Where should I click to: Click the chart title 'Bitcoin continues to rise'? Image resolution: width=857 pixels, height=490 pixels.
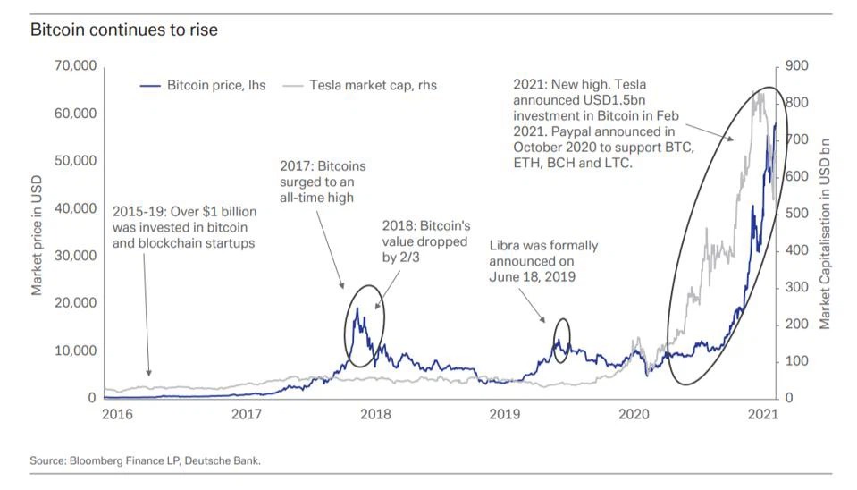[124, 30]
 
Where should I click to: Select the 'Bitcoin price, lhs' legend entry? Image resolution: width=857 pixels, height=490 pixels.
[206, 86]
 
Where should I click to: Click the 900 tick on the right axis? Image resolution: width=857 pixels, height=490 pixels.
[797, 66]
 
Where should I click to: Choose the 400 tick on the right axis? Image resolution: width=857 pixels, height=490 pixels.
[797, 250]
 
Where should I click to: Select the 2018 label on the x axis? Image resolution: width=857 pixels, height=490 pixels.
[375, 414]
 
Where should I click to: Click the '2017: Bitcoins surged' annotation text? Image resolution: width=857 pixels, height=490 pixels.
[323, 182]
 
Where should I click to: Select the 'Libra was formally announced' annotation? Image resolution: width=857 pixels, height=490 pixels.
[542, 260]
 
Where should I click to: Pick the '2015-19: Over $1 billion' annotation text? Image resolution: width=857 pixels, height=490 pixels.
[185, 227]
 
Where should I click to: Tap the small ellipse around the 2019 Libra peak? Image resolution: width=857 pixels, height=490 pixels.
[561, 341]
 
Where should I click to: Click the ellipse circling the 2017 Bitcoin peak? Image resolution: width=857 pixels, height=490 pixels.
[364, 325]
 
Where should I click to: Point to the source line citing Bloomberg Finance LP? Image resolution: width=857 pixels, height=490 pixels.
[146, 460]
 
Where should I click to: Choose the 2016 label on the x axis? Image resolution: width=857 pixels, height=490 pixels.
[117, 414]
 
